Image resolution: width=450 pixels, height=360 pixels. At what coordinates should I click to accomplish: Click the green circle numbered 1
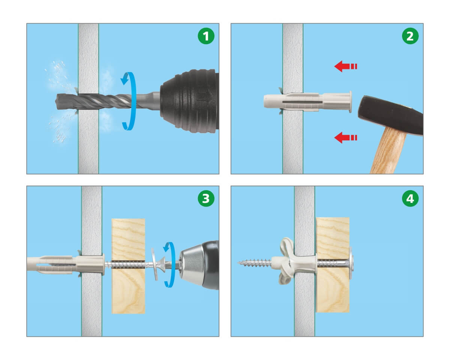(x=206, y=36)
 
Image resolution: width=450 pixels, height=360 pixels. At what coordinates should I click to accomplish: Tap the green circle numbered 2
(x=410, y=36)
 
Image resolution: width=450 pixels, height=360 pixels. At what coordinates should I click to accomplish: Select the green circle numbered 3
(x=206, y=198)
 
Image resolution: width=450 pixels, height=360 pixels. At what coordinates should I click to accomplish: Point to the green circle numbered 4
(x=410, y=198)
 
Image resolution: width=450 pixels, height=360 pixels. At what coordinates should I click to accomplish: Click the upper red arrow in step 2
(x=345, y=66)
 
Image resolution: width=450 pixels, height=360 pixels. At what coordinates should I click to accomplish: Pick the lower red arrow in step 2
(x=345, y=137)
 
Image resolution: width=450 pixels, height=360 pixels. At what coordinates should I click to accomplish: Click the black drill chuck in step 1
(x=189, y=101)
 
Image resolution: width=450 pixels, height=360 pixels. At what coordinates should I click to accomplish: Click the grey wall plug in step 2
(x=307, y=102)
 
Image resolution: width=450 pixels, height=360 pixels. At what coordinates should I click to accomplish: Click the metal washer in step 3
(x=154, y=264)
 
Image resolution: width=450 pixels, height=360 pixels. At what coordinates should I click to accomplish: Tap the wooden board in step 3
(x=128, y=266)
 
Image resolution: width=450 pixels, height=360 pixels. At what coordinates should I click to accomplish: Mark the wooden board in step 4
(x=333, y=265)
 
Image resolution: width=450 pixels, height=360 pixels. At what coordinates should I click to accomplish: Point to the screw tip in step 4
(x=238, y=262)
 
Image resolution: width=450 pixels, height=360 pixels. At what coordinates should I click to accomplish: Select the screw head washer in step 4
(x=351, y=263)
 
